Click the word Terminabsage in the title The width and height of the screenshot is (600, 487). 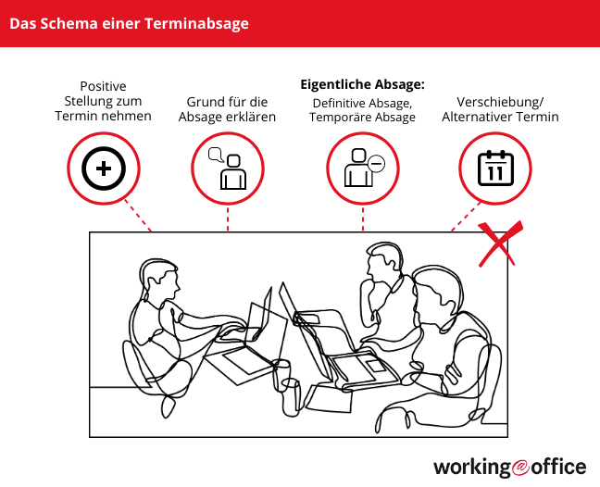pyautogui.click(x=196, y=24)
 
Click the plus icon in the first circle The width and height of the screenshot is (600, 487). pyautogui.click(x=104, y=169)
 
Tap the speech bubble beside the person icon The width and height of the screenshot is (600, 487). pyautogui.click(x=216, y=155)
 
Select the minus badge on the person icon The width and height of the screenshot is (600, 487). pyautogui.click(x=376, y=164)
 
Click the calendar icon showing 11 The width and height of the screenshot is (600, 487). pyautogui.click(x=495, y=169)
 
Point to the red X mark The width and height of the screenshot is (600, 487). pyautogui.click(x=500, y=243)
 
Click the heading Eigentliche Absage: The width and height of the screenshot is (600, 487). pyautogui.click(x=362, y=84)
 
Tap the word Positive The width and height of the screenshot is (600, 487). pyautogui.click(x=103, y=86)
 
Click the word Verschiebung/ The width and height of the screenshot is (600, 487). pyautogui.click(x=500, y=102)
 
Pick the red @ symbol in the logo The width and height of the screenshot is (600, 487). pyautogui.click(x=520, y=467)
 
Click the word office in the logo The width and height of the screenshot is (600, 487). pyautogui.click(x=558, y=467)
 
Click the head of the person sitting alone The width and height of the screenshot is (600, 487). pyautogui.click(x=158, y=280)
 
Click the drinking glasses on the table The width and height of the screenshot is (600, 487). pyautogui.click(x=287, y=386)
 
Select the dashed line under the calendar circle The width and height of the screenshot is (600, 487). pyautogui.click(x=466, y=217)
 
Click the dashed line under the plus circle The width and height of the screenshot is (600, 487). pyautogui.click(x=138, y=216)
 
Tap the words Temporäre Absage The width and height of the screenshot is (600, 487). pyautogui.click(x=362, y=117)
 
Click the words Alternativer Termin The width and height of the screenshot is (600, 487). pyautogui.click(x=500, y=117)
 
